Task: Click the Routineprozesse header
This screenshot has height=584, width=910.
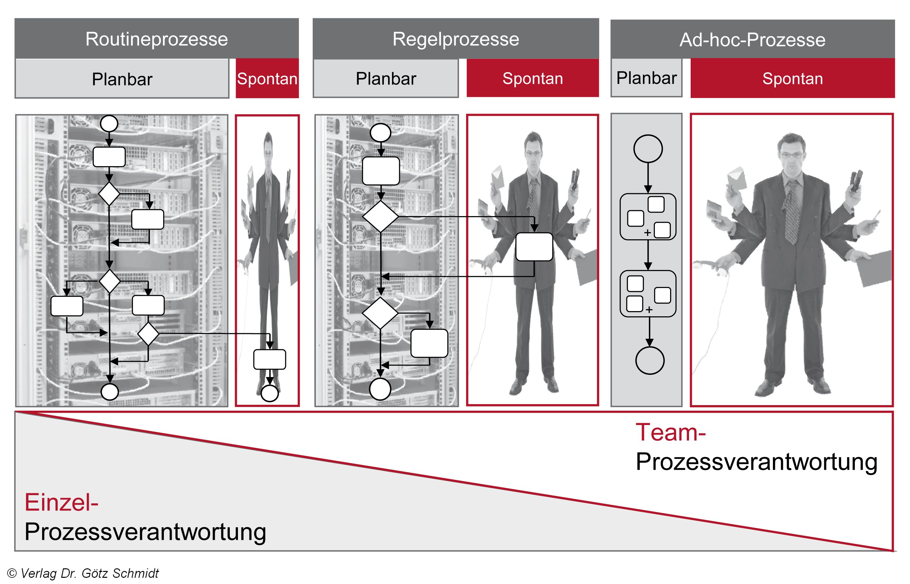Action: [x=157, y=39]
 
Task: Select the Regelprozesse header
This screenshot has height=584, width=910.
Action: [x=455, y=39]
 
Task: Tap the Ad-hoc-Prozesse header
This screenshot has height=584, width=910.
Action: [x=752, y=40]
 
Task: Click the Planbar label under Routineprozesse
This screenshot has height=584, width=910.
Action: [x=122, y=79]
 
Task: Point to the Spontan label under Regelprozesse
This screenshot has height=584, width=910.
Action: [x=532, y=78]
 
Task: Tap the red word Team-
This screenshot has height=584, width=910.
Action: [x=670, y=432]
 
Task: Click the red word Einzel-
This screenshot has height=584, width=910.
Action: [x=61, y=502]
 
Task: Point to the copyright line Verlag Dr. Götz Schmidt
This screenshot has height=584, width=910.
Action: [x=84, y=573]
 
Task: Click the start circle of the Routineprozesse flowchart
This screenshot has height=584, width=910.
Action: [x=109, y=124]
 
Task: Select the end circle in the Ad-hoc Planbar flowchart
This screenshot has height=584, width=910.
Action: [x=650, y=360]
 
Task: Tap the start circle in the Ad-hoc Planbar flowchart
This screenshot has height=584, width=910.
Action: [x=648, y=149]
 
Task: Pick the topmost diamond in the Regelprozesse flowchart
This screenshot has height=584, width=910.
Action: [x=380, y=216]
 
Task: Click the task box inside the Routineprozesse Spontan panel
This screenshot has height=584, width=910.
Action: [x=270, y=359]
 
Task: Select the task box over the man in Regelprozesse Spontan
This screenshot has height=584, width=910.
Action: [x=534, y=247]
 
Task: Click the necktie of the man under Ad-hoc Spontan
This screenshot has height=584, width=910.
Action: [x=792, y=213]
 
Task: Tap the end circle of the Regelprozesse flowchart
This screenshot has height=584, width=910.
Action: [x=380, y=389]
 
